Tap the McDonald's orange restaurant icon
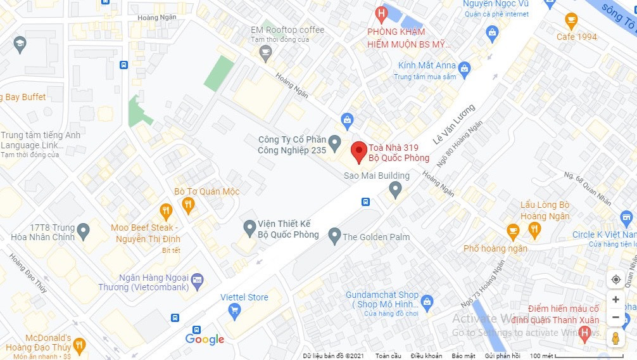pyautogui.click(x=79, y=345)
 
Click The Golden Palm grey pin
pyautogui.click(x=334, y=236)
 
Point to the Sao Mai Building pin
pyautogui.click(x=395, y=188)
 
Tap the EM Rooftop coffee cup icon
pyautogui.click(x=265, y=53)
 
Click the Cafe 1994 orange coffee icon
pyautogui.click(x=571, y=21)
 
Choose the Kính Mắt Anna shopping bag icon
pyautogui.click(x=464, y=67)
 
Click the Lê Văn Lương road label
pyautogui.click(x=453, y=122)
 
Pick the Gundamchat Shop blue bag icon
pyautogui.click(x=427, y=301)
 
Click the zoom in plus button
pyautogui.click(x=615, y=299)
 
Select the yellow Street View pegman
pyautogui.click(x=615, y=338)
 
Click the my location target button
pyautogui.click(x=615, y=280)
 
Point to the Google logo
pyautogui.click(x=205, y=340)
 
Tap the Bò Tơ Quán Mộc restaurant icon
pyautogui.click(x=187, y=205)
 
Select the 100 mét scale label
pyautogui.click(x=541, y=356)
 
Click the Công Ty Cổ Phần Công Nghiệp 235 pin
pyautogui.click(x=335, y=141)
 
